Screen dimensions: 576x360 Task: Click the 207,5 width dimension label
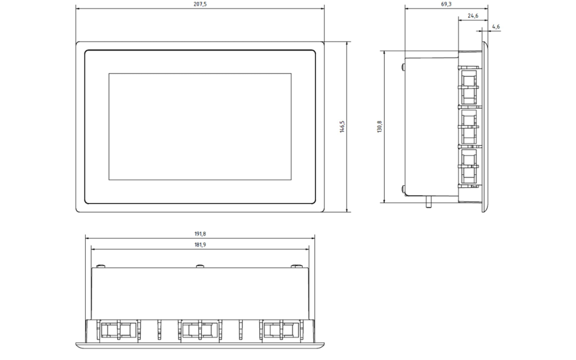click(x=200, y=4)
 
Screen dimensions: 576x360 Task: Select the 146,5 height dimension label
click(x=342, y=126)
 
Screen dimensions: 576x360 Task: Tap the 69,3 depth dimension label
click(x=446, y=4)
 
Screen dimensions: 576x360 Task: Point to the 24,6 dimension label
click(x=473, y=16)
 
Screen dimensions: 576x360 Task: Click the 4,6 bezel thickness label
click(x=496, y=27)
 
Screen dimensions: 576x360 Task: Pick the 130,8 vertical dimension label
click(x=379, y=126)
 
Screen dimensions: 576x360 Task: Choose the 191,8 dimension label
click(x=200, y=234)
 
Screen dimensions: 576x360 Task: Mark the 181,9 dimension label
click(x=200, y=245)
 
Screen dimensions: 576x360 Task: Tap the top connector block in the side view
click(x=468, y=87)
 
